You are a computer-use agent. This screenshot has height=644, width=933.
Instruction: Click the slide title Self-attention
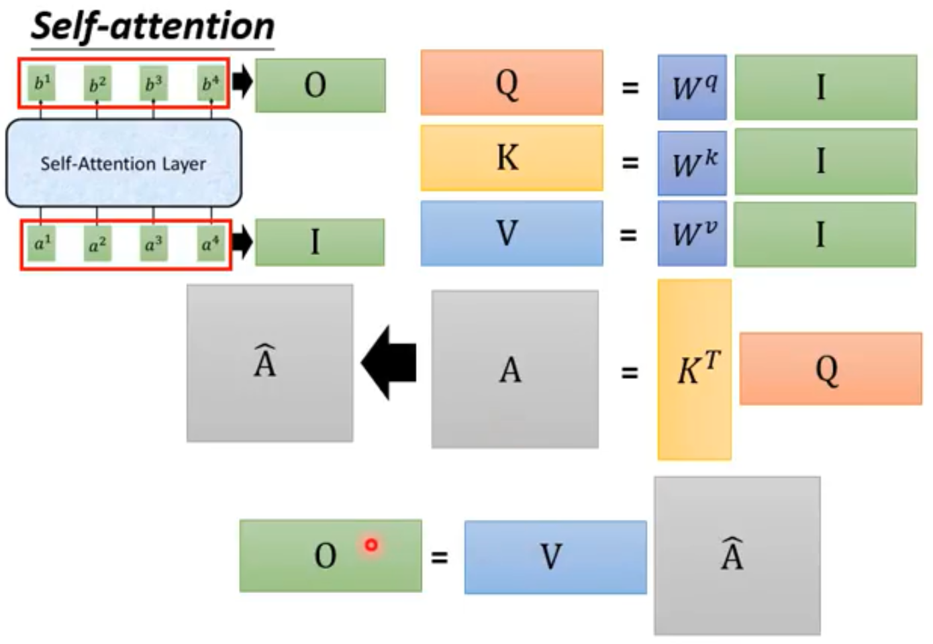click(153, 27)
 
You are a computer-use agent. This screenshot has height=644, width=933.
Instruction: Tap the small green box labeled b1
click(42, 84)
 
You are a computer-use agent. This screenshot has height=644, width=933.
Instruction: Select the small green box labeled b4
click(210, 84)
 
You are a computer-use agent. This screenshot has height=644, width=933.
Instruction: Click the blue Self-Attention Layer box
click(124, 163)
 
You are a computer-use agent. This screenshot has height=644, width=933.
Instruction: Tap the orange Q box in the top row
click(511, 83)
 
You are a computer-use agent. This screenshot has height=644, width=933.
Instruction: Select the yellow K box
click(511, 158)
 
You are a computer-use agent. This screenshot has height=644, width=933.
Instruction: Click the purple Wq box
click(692, 87)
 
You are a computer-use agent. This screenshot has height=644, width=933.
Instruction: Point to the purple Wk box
click(692, 163)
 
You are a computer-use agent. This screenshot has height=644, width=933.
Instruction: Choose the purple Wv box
click(692, 233)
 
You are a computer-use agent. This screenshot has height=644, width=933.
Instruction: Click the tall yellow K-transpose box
click(695, 369)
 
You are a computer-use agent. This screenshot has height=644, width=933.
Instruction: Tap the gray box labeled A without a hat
click(515, 369)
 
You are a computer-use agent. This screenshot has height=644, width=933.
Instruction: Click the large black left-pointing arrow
click(389, 363)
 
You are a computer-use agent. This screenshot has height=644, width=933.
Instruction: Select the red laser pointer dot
click(371, 545)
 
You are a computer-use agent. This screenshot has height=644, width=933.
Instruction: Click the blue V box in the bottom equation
click(555, 557)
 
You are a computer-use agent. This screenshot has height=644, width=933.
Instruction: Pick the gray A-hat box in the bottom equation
click(737, 555)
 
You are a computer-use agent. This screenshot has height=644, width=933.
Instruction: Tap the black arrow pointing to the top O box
click(242, 82)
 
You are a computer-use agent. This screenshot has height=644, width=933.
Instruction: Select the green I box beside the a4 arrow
click(320, 242)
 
